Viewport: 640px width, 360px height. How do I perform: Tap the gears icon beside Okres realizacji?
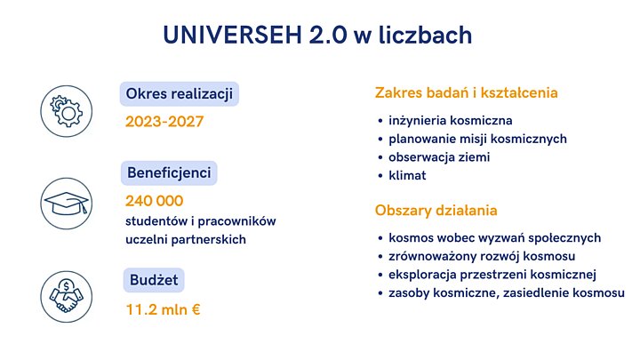pyautogui.click(x=67, y=109)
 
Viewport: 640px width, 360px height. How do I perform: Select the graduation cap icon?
pyautogui.click(x=67, y=204)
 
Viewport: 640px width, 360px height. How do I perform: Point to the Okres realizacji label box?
pyautogui.click(x=181, y=93)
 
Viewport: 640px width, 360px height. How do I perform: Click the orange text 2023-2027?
pyautogui.click(x=164, y=121)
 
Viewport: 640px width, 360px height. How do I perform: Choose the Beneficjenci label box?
pyautogui.click(x=169, y=172)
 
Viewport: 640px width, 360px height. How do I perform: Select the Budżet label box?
pyautogui.click(x=152, y=280)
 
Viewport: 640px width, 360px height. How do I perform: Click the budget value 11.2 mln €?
pyautogui.click(x=163, y=310)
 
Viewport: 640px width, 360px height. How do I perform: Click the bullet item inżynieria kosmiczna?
pyautogui.click(x=451, y=120)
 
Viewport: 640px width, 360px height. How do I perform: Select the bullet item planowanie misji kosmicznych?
pyautogui.click(x=477, y=139)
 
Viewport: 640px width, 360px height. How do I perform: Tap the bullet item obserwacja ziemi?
pyautogui.click(x=439, y=157)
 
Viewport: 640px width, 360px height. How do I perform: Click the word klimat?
pyautogui.click(x=407, y=176)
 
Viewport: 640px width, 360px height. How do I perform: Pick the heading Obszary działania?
pyautogui.click(x=436, y=211)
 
